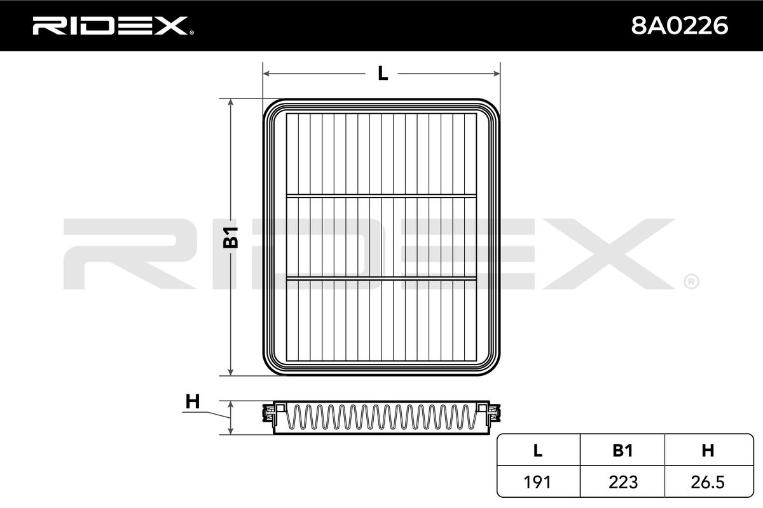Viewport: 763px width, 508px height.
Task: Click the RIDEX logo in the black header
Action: [x=113, y=26]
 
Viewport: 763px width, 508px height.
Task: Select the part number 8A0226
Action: [x=680, y=26]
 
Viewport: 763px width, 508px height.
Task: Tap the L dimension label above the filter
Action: [x=383, y=74]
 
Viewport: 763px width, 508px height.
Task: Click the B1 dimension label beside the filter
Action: [x=231, y=237]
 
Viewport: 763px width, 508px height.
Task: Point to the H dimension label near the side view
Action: [x=193, y=401]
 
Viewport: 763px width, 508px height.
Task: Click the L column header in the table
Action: [x=537, y=450]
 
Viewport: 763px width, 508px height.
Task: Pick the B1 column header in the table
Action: [x=622, y=450]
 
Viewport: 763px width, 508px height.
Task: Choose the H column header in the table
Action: [x=708, y=450]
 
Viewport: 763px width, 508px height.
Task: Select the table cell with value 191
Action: [x=537, y=482]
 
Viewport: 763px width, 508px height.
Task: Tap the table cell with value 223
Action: [x=623, y=482]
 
